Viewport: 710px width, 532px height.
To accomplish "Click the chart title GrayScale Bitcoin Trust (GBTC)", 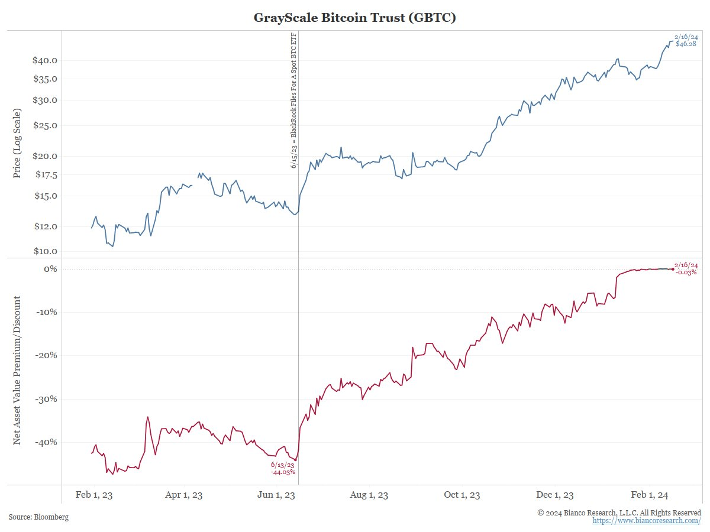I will click(354, 18).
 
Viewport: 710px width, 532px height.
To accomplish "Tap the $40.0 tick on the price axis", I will click(46, 60).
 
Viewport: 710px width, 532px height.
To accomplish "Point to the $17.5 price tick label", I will click(46, 175).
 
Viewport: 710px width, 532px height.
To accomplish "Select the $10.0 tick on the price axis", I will click(46, 251).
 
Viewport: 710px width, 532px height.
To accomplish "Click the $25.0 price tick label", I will click(46, 125).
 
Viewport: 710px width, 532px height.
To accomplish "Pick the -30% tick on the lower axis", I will click(46, 399).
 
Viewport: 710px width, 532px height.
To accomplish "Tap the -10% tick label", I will click(46, 312).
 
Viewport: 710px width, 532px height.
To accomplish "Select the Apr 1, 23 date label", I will click(184, 495).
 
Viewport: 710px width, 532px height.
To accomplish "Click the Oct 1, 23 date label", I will click(462, 495).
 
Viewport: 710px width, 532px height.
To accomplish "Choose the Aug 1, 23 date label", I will click(370, 495).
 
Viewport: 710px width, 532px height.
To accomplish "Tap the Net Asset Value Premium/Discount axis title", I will click(17, 371).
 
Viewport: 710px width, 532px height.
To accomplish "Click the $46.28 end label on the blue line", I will click(686, 44).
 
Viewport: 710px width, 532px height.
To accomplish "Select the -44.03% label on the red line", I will click(283, 472).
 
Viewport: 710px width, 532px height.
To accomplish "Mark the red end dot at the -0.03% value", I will click(672, 270).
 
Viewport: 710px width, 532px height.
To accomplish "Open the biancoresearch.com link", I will click(647, 520).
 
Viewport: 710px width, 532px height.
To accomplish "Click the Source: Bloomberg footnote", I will click(38, 517).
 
